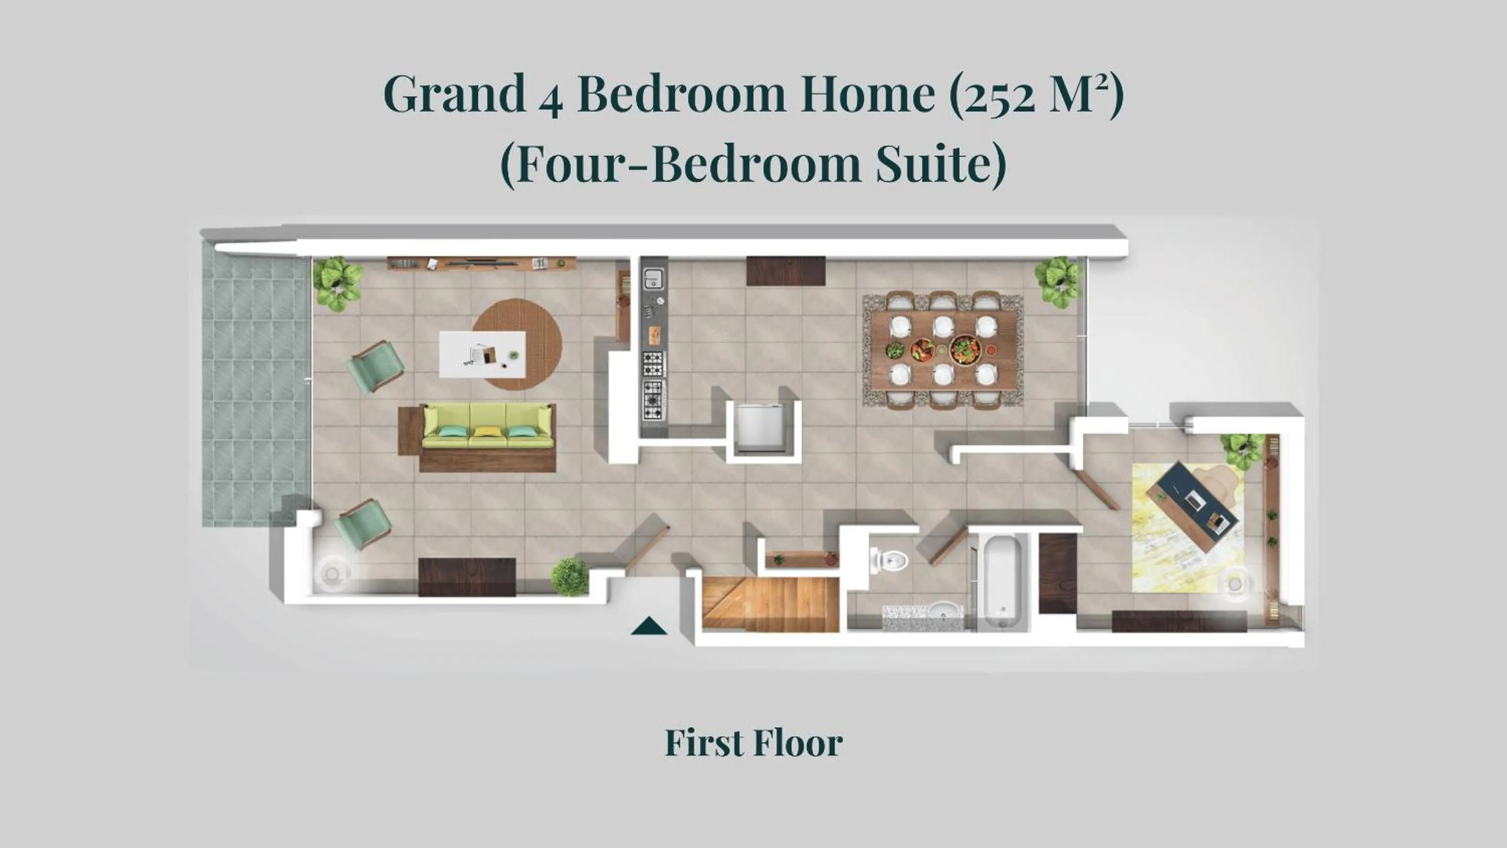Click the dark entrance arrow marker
649,627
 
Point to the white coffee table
482,354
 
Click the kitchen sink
653,278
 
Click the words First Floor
754,743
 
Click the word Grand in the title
454,94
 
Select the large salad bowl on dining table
964,350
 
